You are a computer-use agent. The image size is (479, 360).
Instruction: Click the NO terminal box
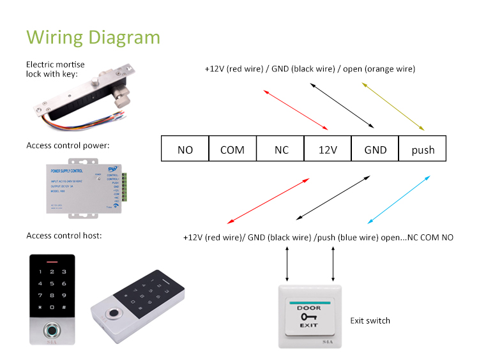(x=185, y=149)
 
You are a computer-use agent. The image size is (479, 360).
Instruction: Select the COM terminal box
(x=232, y=149)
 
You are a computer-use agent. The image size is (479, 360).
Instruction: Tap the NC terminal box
(x=280, y=149)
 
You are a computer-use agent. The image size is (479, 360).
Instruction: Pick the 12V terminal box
(x=328, y=149)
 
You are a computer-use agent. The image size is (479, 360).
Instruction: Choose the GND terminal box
(x=375, y=149)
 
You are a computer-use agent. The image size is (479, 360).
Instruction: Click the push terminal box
(x=422, y=149)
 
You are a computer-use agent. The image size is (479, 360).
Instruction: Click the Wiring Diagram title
(x=93, y=36)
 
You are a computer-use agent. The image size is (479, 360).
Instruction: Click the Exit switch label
(x=370, y=320)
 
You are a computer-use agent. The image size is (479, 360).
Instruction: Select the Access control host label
(x=64, y=236)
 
